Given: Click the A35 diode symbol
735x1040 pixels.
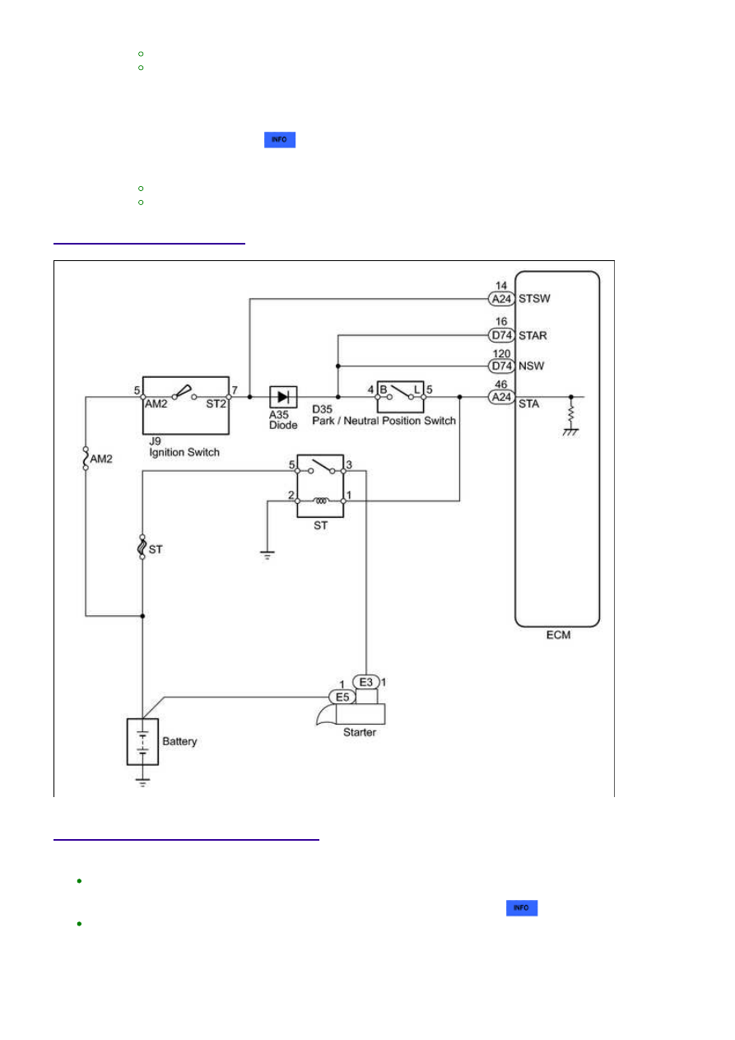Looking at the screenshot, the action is pyautogui.click(x=283, y=397).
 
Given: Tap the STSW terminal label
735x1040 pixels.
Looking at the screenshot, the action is pyautogui.click(x=534, y=299).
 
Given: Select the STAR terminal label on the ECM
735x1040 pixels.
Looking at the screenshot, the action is pyautogui.click(x=533, y=335).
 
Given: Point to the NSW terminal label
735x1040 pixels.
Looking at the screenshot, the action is pyautogui.click(x=531, y=366).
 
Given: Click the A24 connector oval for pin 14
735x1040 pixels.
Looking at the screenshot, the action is pyautogui.click(x=501, y=299).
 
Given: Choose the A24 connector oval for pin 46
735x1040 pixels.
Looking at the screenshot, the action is pyautogui.click(x=501, y=398).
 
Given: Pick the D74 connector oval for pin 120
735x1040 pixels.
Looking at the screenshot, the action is pyautogui.click(x=501, y=366).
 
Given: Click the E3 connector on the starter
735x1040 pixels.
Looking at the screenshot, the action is pyautogui.click(x=365, y=682).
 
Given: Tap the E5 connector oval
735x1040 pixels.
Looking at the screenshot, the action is pyautogui.click(x=342, y=697).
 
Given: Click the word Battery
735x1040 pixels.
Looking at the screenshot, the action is pyautogui.click(x=179, y=741).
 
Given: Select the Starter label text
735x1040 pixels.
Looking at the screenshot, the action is pyautogui.click(x=359, y=732).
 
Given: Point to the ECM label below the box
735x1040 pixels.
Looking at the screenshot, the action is pyautogui.click(x=558, y=635).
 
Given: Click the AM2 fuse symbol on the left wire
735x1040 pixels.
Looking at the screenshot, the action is pyautogui.click(x=86, y=459).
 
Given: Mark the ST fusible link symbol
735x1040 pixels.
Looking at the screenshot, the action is pyautogui.click(x=142, y=547).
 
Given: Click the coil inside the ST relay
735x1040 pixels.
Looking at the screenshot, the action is pyautogui.click(x=321, y=501).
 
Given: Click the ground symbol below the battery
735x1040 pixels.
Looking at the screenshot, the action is pyautogui.click(x=142, y=782).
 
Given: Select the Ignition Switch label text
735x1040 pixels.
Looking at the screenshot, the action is pyautogui.click(x=184, y=452).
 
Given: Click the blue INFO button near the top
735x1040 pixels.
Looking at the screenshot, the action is pyautogui.click(x=279, y=140).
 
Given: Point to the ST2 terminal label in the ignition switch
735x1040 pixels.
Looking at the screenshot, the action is pyautogui.click(x=216, y=404).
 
